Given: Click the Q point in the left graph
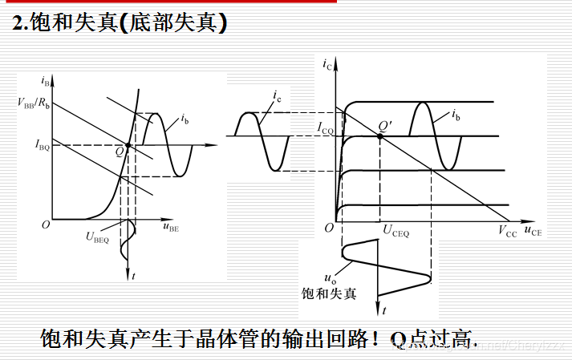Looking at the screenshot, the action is pyautogui.click(x=128, y=145).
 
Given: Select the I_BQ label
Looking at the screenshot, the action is pyautogui.click(x=42, y=145).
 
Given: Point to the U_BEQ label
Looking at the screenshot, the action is pyautogui.click(x=99, y=235).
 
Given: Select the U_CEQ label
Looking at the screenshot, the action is pyautogui.click(x=396, y=233).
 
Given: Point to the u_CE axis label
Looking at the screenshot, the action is pyautogui.click(x=533, y=233).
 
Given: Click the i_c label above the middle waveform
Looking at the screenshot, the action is pyautogui.click(x=276, y=98).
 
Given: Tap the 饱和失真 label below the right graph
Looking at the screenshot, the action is pyautogui.click(x=330, y=294).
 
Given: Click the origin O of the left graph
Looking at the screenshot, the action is pyautogui.click(x=46, y=225).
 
